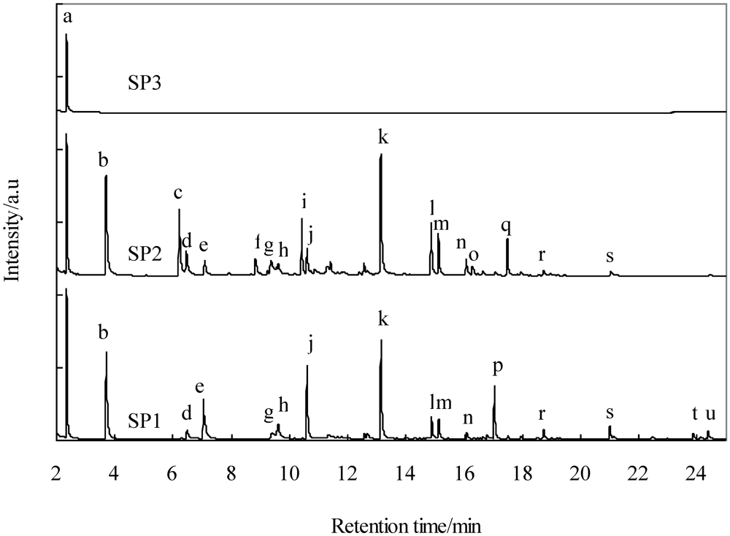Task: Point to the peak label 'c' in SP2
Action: pyautogui.click(x=177, y=194)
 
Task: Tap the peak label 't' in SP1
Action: pyautogui.click(x=694, y=414)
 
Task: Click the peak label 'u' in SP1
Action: pyautogui.click(x=710, y=415)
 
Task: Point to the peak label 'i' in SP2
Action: pyautogui.click(x=304, y=199)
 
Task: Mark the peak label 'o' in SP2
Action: pyautogui.click(x=474, y=253)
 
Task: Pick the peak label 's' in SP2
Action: pyautogui.click(x=610, y=257)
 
